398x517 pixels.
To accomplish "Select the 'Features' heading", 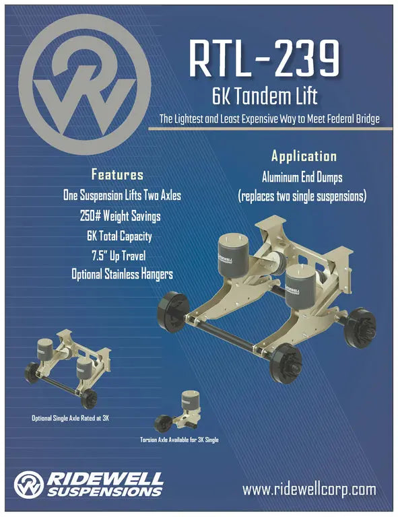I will [117, 175].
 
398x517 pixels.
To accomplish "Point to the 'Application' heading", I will [304, 157].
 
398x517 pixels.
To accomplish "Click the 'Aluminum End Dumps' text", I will [302, 178].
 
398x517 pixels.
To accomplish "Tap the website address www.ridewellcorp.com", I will [309, 489].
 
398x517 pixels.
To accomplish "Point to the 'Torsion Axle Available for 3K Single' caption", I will [179, 440].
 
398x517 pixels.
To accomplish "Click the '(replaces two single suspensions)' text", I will [302, 197].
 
